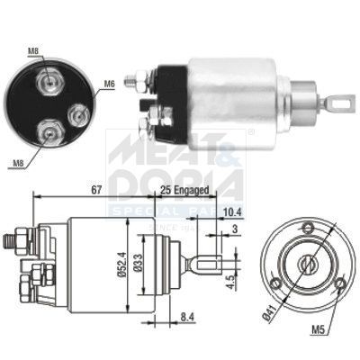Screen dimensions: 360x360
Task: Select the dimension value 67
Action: click(x=94, y=191)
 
